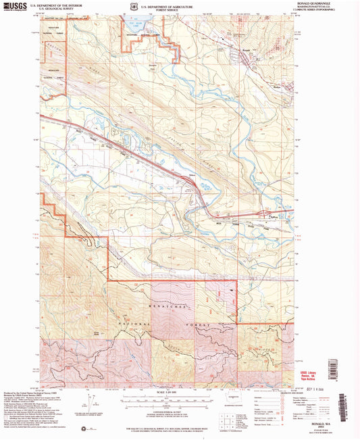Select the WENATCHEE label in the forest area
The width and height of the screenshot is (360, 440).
169,308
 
